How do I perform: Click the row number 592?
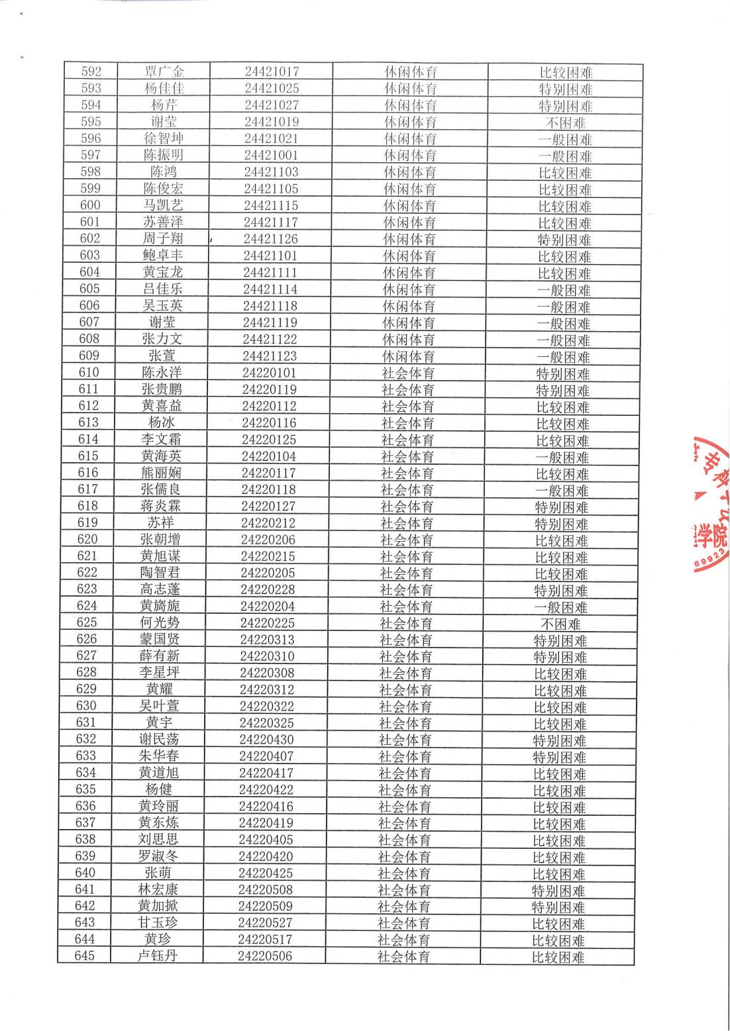point(91,72)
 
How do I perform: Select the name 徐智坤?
point(163,138)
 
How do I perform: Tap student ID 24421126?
point(270,238)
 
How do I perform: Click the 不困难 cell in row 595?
point(565,123)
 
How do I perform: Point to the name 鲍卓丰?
point(162,256)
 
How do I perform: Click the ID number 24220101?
point(269,373)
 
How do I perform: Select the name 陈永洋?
point(162,373)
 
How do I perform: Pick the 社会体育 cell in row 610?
point(408,373)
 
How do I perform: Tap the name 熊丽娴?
point(161,473)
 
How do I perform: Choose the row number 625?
point(86,622)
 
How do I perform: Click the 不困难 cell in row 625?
point(560,624)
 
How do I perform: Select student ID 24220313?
point(267,640)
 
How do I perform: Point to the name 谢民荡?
point(159,740)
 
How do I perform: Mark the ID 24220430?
point(266,740)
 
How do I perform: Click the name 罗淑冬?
point(158,856)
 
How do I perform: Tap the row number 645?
point(84,956)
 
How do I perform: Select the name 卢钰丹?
point(157,956)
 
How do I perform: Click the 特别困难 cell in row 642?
point(558,907)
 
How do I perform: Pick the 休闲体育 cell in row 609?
point(409,356)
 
